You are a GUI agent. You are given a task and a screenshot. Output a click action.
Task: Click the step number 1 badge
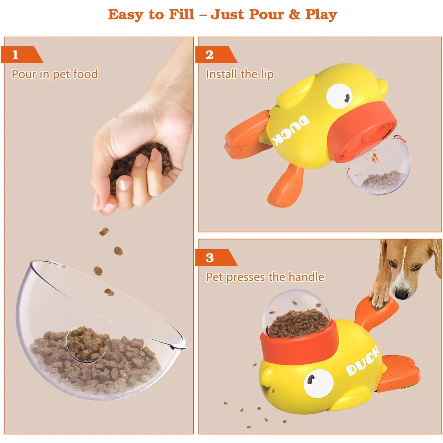coord(16,55)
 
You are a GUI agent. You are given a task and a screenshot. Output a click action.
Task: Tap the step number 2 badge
coord(210,55)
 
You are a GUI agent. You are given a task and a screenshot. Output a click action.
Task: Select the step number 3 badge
coord(210,258)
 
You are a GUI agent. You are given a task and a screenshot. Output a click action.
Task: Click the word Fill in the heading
coord(181,14)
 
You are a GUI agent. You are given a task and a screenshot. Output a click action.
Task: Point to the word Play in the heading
coord(321,15)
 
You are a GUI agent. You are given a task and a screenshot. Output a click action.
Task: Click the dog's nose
coord(401,294)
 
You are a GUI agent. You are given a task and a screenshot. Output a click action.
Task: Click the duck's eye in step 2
coord(340,96)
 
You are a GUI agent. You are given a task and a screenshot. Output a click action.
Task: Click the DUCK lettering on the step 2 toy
coord(291,130)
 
